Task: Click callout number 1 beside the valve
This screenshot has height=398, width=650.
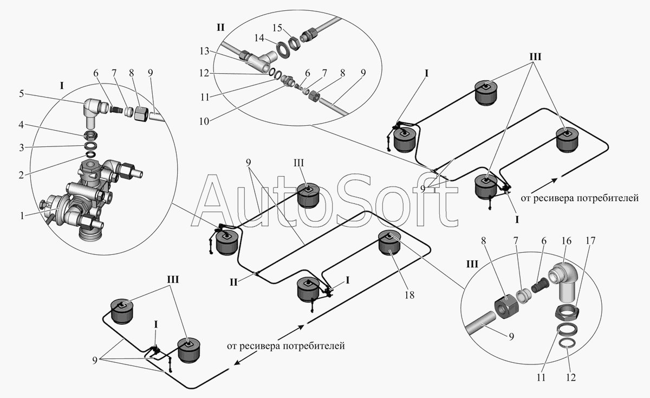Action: pyautogui.click(x=22, y=216)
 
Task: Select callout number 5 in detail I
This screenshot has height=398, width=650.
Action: pyautogui.click(x=22, y=94)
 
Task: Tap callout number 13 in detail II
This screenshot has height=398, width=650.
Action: pyautogui.click(x=204, y=51)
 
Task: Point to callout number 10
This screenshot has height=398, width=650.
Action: pyautogui.click(x=204, y=121)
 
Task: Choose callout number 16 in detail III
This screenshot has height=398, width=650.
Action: pyautogui.click(x=566, y=241)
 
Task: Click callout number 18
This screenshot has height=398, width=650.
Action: pyautogui.click(x=409, y=295)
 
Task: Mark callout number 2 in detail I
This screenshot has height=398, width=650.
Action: pyautogui.click(x=21, y=175)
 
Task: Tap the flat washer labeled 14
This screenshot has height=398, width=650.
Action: pyautogui.click(x=281, y=49)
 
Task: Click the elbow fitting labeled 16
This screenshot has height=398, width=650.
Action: pyautogui.click(x=563, y=283)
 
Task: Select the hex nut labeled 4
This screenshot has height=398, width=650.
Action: pyautogui.click(x=91, y=134)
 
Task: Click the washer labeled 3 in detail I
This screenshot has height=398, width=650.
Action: pyautogui.click(x=91, y=145)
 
